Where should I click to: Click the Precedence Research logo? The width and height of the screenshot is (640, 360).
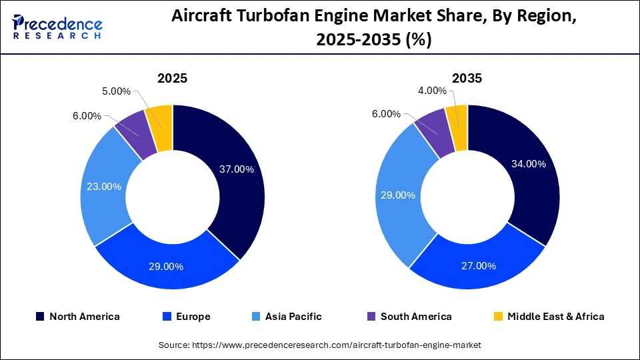pos(57,27)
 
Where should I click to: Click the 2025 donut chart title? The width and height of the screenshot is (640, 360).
pos(172,78)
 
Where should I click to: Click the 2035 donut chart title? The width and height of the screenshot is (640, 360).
pos(467,78)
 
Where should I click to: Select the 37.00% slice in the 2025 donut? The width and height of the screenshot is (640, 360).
pos(237,169)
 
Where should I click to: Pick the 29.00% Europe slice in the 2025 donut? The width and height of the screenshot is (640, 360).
pos(166,266)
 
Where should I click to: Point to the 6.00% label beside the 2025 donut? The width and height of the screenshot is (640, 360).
pos(87,116)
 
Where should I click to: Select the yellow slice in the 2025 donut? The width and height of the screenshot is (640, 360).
pos(162,117)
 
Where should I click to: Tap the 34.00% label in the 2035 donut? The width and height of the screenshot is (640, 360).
pos(528,164)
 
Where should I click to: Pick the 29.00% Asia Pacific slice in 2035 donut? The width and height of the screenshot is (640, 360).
pos(398,195)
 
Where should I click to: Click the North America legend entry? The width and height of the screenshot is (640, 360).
pos(78,317)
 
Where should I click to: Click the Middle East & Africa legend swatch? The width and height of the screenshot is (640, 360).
pos(498,317)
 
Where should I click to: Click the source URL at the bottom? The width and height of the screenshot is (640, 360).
pos(319,345)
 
